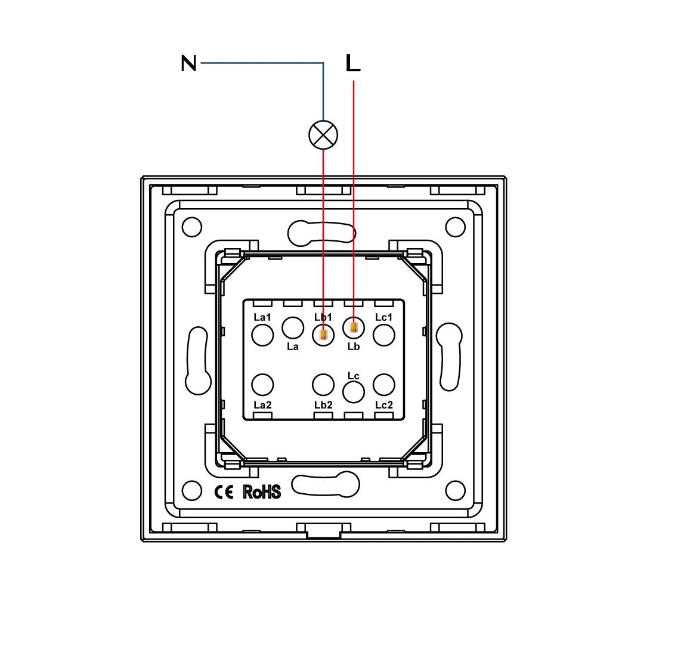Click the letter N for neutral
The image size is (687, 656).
click(188, 63)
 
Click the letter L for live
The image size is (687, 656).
click(353, 63)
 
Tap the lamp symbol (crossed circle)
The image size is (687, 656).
click(323, 134)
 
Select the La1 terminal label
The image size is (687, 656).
click(262, 317)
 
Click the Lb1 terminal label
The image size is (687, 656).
click(323, 317)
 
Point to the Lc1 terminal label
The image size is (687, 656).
click(383, 317)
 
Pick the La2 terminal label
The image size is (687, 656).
click(262, 405)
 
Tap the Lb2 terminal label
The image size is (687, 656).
click(323, 405)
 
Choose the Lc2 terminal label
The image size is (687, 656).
click(384, 405)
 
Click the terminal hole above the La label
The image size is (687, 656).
click(293, 327)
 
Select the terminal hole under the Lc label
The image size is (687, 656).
click(354, 392)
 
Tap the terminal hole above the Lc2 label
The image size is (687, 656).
click(384, 385)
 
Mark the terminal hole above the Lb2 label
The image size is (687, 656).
click(323, 385)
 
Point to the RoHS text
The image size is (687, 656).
click(262, 492)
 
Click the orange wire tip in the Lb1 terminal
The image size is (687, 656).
click(323, 335)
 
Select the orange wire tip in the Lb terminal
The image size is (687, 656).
click(354, 327)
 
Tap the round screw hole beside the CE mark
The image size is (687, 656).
click(192, 491)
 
